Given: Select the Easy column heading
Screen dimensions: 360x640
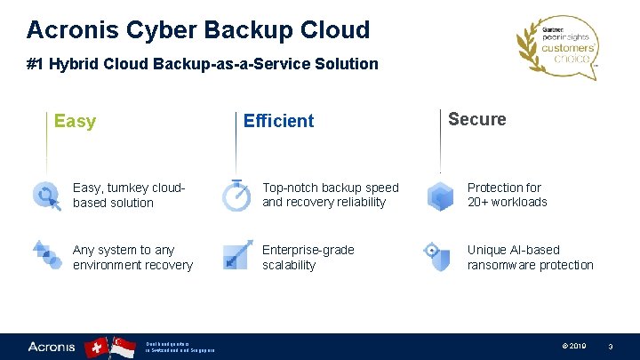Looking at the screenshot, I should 75,122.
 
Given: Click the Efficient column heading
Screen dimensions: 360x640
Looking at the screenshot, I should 278,121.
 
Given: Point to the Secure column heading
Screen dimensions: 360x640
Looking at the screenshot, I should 477,119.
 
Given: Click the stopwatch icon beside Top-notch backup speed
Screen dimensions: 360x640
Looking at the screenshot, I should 236,195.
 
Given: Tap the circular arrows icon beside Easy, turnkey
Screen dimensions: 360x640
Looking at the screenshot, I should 45,195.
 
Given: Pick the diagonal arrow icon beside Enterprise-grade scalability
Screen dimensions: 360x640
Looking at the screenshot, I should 236,255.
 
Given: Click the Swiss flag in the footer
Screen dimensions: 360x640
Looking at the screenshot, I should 97,348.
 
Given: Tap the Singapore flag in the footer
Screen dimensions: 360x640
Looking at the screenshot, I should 123,348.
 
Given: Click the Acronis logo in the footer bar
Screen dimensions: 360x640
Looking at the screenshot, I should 52,347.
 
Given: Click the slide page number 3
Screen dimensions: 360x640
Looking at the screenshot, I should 611,347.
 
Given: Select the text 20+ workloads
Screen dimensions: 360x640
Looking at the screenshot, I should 508,203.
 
